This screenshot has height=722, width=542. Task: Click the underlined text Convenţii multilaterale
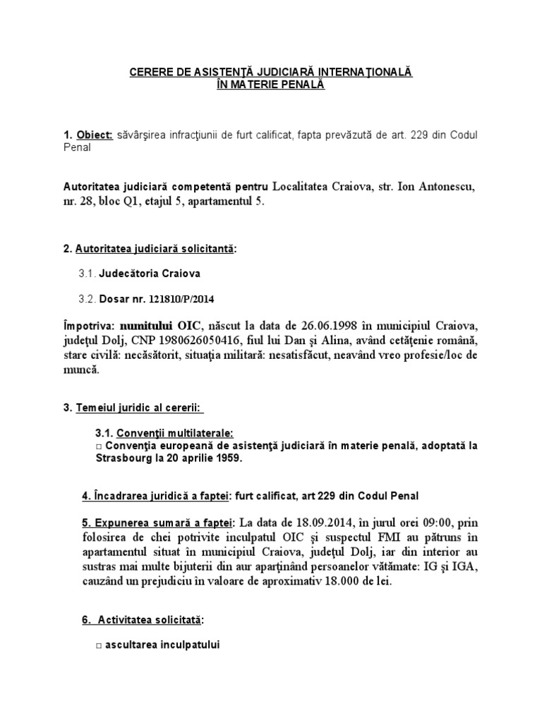[174, 432]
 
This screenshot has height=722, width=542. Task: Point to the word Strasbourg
[122, 458]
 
